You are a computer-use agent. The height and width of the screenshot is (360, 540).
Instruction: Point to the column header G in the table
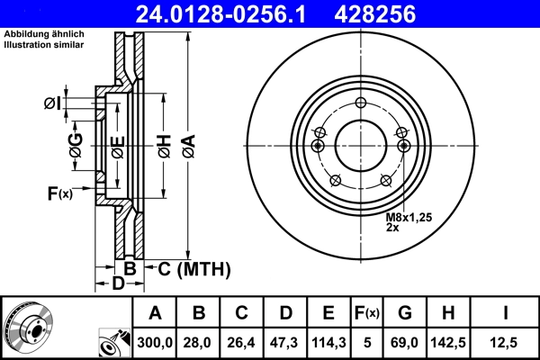(405, 313)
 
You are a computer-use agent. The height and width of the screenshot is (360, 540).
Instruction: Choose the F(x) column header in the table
(367, 313)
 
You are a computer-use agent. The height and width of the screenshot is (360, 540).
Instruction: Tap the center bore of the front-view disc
(359, 144)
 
